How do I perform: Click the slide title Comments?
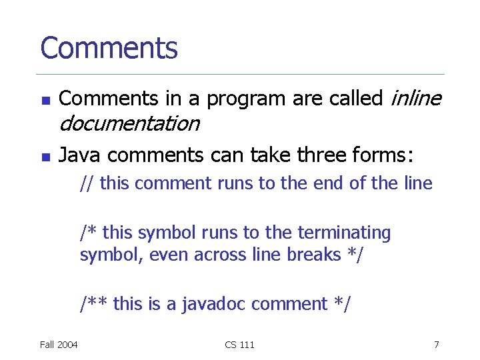click(x=109, y=48)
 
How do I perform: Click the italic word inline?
click(x=415, y=99)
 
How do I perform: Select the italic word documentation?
click(x=129, y=123)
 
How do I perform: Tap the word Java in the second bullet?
click(x=81, y=156)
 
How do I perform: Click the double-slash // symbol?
click(x=87, y=183)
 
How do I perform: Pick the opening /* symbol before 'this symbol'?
click(x=89, y=233)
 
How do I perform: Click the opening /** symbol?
click(x=93, y=304)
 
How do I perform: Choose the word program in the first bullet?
click(x=246, y=99)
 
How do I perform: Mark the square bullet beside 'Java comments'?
click(x=45, y=158)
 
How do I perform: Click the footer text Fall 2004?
click(x=59, y=345)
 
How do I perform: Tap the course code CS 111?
click(x=239, y=345)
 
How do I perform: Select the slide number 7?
click(x=436, y=345)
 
